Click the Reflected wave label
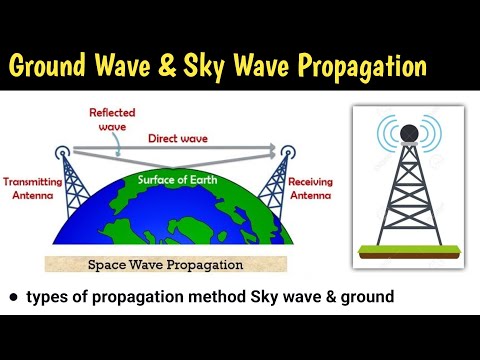(x=113, y=121)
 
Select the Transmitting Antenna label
(x=33, y=189)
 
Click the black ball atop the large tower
(x=408, y=132)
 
